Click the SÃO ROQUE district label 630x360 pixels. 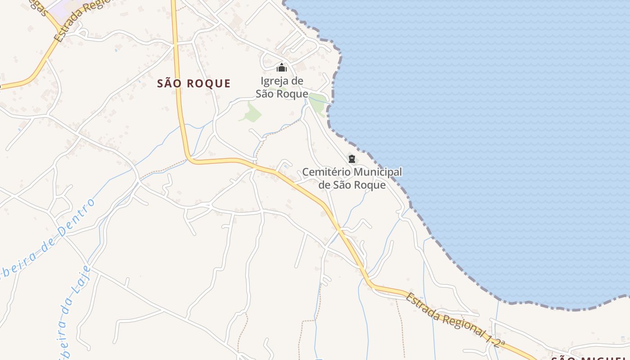pyautogui.click(x=194, y=83)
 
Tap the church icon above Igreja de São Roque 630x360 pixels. pyautogui.click(x=282, y=68)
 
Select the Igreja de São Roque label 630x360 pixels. pyautogui.click(x=282, y=87)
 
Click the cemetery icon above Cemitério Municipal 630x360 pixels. pyautogui.click(x=351, y=158)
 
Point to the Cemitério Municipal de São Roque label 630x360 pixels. pyautogui.click(x=352, y=178)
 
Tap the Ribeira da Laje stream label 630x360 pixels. pyautogui.click(x=74, y=310)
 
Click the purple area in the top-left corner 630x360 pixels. pyautogui.click(x=63, y=6)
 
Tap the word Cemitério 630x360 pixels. pyautogui.click(x=327, y=172)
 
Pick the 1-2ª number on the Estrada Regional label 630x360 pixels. pyautogui.click(x=495, y=339)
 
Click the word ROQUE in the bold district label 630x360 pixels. pyautogui.click(x=209, y=83)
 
